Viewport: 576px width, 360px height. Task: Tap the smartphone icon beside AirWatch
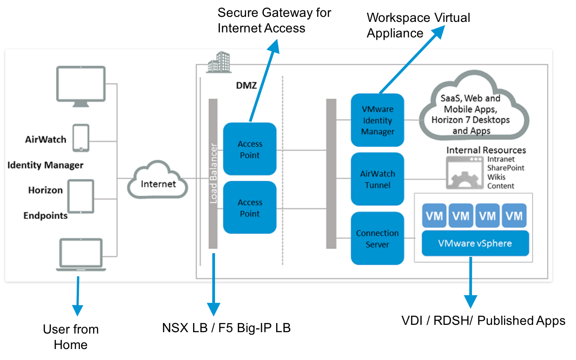81,138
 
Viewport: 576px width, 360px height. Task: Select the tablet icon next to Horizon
81,196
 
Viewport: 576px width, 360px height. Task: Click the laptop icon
81,255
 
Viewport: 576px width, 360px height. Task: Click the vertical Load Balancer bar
213,173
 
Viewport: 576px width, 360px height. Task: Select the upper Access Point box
250,149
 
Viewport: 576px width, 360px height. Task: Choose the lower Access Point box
250,208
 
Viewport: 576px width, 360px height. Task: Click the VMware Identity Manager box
377,120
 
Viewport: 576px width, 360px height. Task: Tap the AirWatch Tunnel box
377,179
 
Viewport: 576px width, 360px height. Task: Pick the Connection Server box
377,238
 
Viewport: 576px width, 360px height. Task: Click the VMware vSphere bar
475,243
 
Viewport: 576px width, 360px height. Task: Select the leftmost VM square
434,215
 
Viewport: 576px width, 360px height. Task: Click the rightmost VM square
514,215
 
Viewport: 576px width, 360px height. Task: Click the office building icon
219,62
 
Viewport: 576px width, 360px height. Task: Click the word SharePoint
506,168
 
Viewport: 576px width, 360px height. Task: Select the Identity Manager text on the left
45,165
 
